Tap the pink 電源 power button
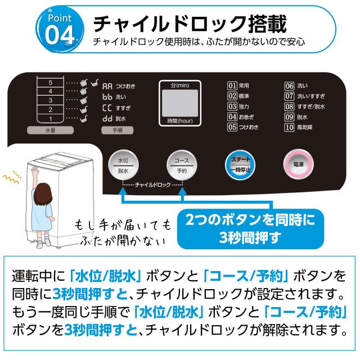pyautogui.click(x=298, y=164)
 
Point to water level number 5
pyautogui.click(x=51, y=83)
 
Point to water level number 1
pyautogui.click(x=51, y=118)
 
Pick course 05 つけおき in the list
pyautogui.click(x=242, y=127)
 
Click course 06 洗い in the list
pyautogui.click(x=296, y=86)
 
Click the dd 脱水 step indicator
pyautogui.click(x=114, y=119)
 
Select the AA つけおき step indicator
pyautogui.click(x=119, y=86)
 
